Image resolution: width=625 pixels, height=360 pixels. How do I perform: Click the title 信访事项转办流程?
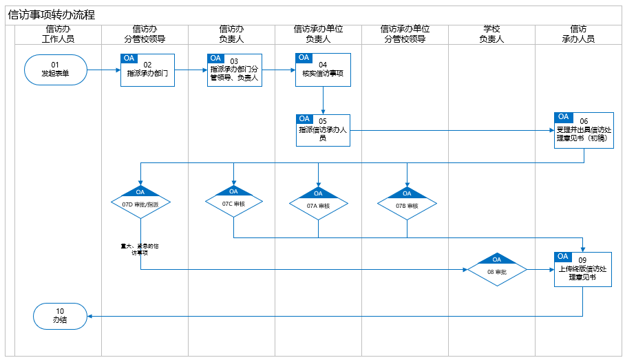pos(52,15)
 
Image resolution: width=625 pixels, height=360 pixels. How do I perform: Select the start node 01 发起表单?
pos(55,70)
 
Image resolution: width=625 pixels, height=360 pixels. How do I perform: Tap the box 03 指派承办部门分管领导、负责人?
pos(234,70)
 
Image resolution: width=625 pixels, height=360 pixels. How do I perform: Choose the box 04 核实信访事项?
pos(323,70)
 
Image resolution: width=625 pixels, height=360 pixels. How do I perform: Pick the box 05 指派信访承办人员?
pos(323,130)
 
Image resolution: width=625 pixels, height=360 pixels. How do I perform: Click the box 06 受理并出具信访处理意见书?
pos(584,130)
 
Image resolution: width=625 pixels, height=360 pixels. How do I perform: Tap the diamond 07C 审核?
pos(233,202)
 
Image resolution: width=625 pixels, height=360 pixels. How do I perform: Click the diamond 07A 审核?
pos(318,204)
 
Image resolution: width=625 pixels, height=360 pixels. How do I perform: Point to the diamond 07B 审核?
pos(407,204)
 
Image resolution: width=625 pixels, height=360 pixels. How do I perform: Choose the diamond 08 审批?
pos(496,270)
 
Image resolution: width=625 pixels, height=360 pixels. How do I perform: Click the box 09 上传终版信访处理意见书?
pos(583,269)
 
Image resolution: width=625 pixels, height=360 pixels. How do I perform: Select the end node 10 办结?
pos(61,316)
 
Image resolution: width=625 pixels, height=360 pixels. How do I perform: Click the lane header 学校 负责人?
pos(491,34)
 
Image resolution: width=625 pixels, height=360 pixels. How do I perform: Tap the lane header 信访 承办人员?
pos(578,34)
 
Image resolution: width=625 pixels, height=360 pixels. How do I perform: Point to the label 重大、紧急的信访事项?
pos(140,248)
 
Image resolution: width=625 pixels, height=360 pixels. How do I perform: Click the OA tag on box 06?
pos(564,117)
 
